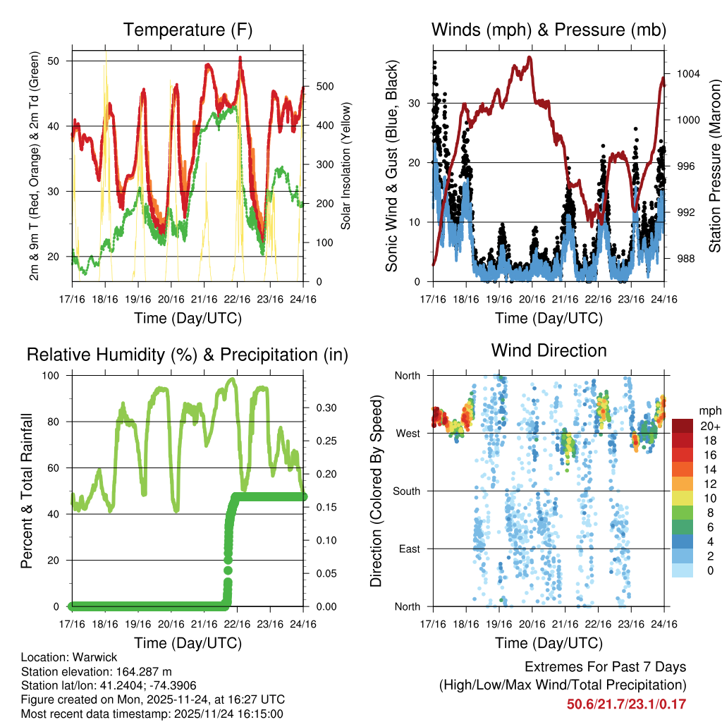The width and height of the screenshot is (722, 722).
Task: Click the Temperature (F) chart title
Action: [x=187, y=30]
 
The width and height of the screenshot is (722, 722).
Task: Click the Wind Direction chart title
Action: [x=549, y=350]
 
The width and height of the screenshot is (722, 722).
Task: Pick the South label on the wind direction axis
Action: [x=407, y=491]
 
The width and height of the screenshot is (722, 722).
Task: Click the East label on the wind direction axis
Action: [x=409, y=549]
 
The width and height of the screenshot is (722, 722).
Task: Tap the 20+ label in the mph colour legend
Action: [x=710, y=426]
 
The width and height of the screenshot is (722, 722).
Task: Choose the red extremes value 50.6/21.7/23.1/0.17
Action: [x=626, y=704]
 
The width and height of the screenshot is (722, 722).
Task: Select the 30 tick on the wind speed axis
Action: [x=415, y=103]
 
